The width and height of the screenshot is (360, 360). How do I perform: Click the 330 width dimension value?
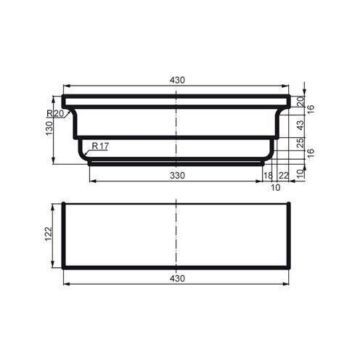click(x=176, y=175)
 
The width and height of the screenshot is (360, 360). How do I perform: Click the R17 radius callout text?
click(x=100, y=146)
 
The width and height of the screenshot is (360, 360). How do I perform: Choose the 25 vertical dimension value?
click(x=300, y=142)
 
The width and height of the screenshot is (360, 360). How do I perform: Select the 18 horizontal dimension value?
click(x=267, y=175)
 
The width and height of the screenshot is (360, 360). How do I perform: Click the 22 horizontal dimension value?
click(x=283, y=175)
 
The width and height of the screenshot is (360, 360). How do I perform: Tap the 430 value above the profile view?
click(x=176, y=80)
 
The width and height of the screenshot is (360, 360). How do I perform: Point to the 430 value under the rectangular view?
click(x=176, y=278)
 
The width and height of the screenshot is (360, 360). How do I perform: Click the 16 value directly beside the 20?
click(x=311, y=108)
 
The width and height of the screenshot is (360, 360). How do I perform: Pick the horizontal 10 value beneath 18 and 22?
click(x=275, y=187)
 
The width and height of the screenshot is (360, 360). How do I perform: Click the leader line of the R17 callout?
click(x=85, y=152)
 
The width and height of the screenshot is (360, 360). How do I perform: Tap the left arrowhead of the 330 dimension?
click(x=91, y=180)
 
